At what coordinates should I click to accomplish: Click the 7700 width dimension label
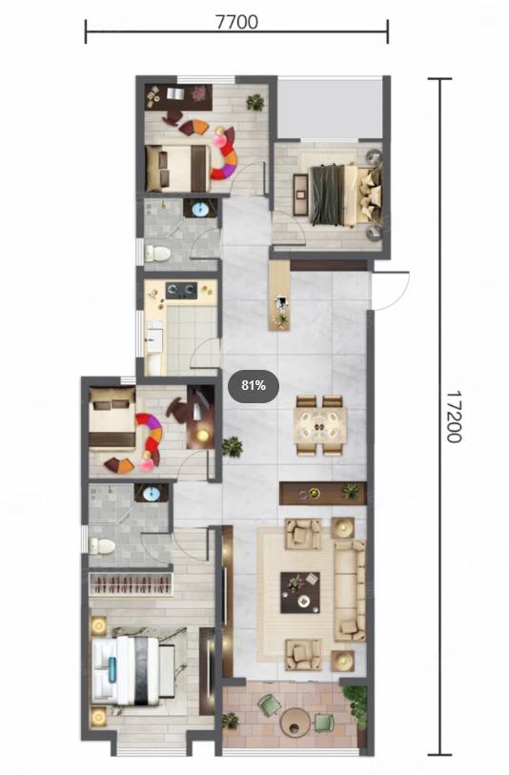pos(236,22)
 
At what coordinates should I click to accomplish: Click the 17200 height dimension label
pos(453,417)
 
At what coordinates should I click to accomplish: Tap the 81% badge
pos(254,385)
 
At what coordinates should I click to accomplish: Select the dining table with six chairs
pos(319,424)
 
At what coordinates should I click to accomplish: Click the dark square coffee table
pos(300,592)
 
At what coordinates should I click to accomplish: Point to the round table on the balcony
pos(295,721)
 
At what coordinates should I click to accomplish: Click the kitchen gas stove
pos(181,290)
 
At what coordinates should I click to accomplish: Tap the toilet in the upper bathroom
pos(157,254)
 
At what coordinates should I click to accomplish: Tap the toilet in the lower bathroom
pos(102,546)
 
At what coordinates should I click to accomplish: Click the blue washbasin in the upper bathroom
pos(201,209)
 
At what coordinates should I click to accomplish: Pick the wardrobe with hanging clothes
pos(131,584)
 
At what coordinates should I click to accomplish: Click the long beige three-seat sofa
pos(351,590)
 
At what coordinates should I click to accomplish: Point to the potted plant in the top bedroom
pos(255,102)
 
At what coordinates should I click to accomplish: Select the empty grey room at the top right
pos(329,108)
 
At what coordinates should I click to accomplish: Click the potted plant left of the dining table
pos(232,447)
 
